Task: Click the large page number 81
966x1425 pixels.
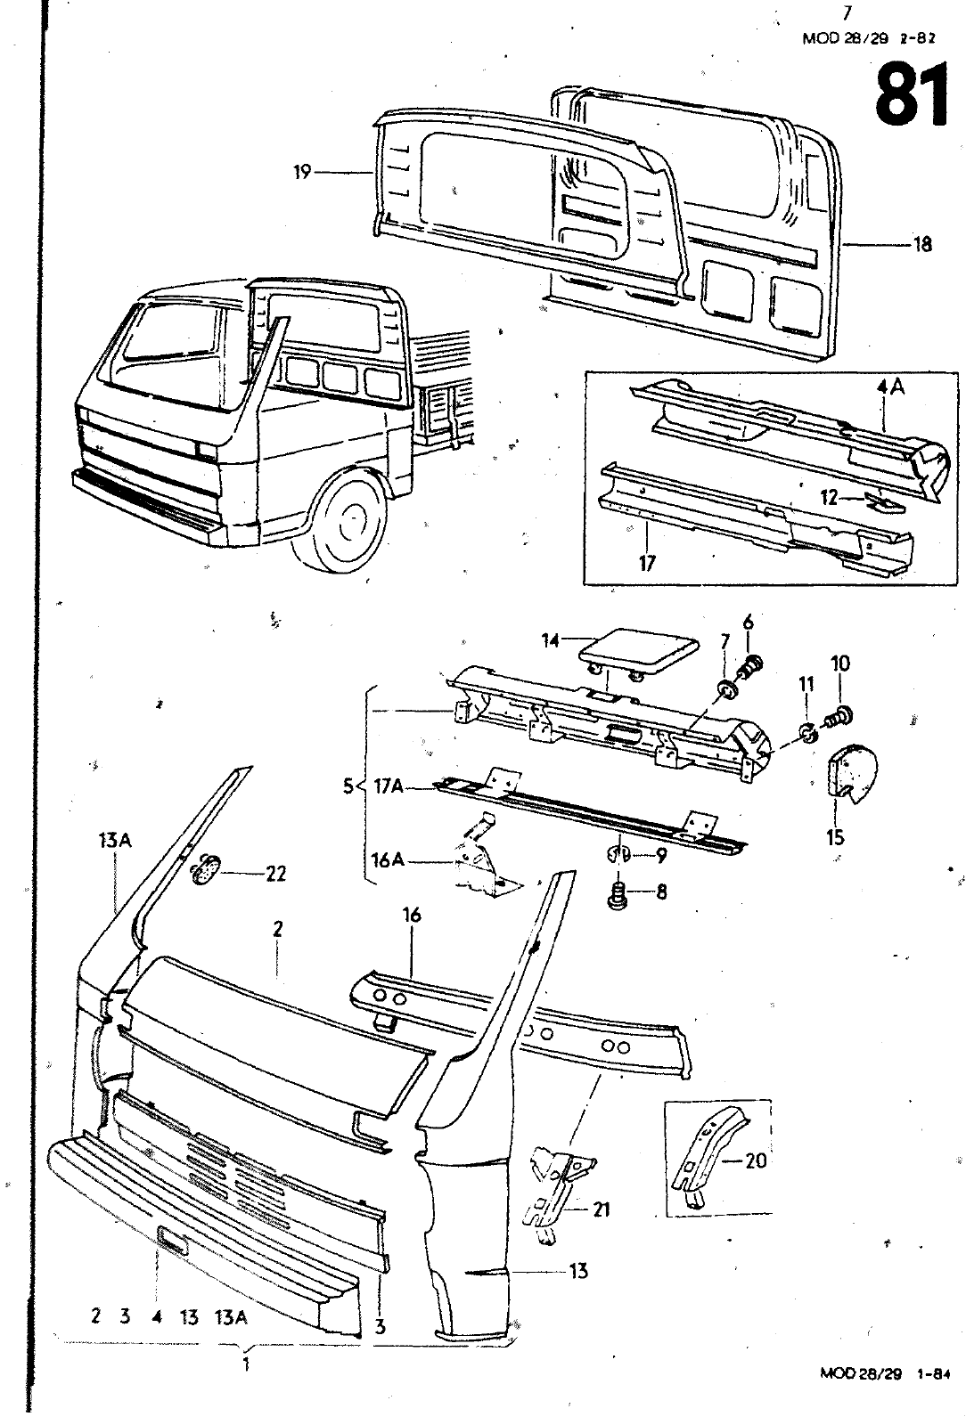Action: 911,97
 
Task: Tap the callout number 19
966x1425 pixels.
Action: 302,172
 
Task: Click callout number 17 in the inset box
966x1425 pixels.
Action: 647,564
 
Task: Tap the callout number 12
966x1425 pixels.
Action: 830,499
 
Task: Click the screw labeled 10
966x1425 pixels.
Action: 839,712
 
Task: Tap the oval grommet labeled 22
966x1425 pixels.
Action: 208,868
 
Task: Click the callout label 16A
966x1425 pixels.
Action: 388,859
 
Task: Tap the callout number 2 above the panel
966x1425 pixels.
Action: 278,929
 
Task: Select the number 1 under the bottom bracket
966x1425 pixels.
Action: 245,1364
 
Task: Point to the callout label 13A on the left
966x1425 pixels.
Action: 111,840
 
